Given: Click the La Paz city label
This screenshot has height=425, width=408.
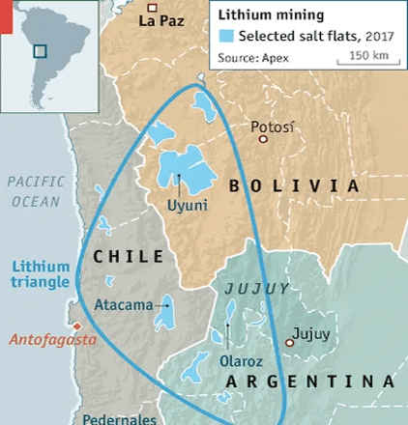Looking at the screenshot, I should click(161, 20).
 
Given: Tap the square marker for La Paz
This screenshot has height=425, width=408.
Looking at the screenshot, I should click(151, 8).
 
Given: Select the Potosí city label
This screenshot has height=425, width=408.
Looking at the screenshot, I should click(272, 127).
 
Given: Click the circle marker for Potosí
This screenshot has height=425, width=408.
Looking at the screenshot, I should click(262, 139).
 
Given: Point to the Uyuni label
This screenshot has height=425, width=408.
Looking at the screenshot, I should click(186, 205).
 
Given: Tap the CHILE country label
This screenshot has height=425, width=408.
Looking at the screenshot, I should click(127, 257).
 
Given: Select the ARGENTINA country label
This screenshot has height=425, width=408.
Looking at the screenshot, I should click(309, 382).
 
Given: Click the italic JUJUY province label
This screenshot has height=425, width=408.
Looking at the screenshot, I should click(256, 288).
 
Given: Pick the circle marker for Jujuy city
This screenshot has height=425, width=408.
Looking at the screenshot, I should click(289, 343).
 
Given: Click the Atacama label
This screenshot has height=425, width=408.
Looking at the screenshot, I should click(124, 305).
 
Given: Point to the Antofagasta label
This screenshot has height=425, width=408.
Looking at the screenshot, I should click(53, 339).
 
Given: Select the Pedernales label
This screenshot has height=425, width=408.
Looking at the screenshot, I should click(119, 419).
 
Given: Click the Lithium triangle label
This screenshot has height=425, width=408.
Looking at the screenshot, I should click(42, 274).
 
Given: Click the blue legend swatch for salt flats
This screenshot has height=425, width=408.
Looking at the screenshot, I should click(226, 37).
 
